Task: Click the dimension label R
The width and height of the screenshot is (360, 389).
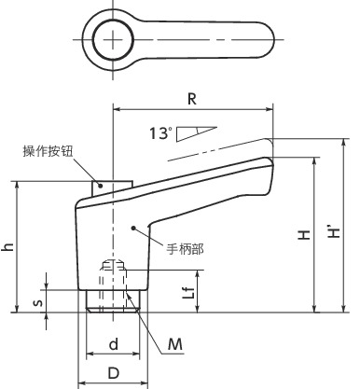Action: tap(190, 96)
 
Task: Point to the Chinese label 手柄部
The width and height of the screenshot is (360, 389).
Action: tap(185, 248)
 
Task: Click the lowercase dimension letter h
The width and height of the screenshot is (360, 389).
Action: tap(8, 246)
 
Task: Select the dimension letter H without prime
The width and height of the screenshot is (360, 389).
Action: tap(304, 237)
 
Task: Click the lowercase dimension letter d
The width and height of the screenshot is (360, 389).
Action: tap(113, 344)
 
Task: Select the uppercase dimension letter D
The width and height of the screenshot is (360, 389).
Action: tap(112, 373)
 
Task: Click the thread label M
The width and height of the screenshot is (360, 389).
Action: tap(174, 345)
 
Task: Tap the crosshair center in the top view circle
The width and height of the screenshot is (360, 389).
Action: tap(113, 39)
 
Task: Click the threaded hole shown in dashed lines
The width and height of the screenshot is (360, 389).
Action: tap(113, 277)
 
